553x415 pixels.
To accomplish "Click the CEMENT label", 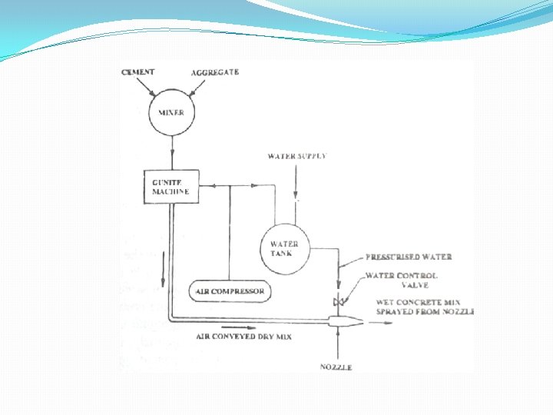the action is [x=138, y=72].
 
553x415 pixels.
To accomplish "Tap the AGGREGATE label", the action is [x=215, y=72].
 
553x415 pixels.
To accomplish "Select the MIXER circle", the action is [x=172, y=113].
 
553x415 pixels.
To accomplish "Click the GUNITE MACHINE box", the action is [x=171, y=186].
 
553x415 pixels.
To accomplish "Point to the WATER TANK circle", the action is [x=286, y=248].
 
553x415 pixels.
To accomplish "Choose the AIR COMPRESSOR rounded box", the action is [x=230, y=291].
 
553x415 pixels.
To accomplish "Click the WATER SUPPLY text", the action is [x=296, y=156].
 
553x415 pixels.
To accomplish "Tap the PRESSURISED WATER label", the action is [x=409, y=257].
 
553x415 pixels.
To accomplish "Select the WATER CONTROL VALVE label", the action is [x=402, y=280].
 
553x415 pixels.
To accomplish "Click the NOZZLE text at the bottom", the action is [x=336, y=367].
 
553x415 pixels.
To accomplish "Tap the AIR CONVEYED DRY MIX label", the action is [x=243, y=337].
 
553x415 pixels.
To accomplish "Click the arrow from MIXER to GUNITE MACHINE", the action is [x=172, y=154].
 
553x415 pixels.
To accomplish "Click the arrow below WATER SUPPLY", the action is [x=296, y=184].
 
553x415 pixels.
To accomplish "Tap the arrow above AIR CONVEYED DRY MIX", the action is [x=242, y=326].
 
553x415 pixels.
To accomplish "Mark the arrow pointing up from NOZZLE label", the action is [x=337, y=346].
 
